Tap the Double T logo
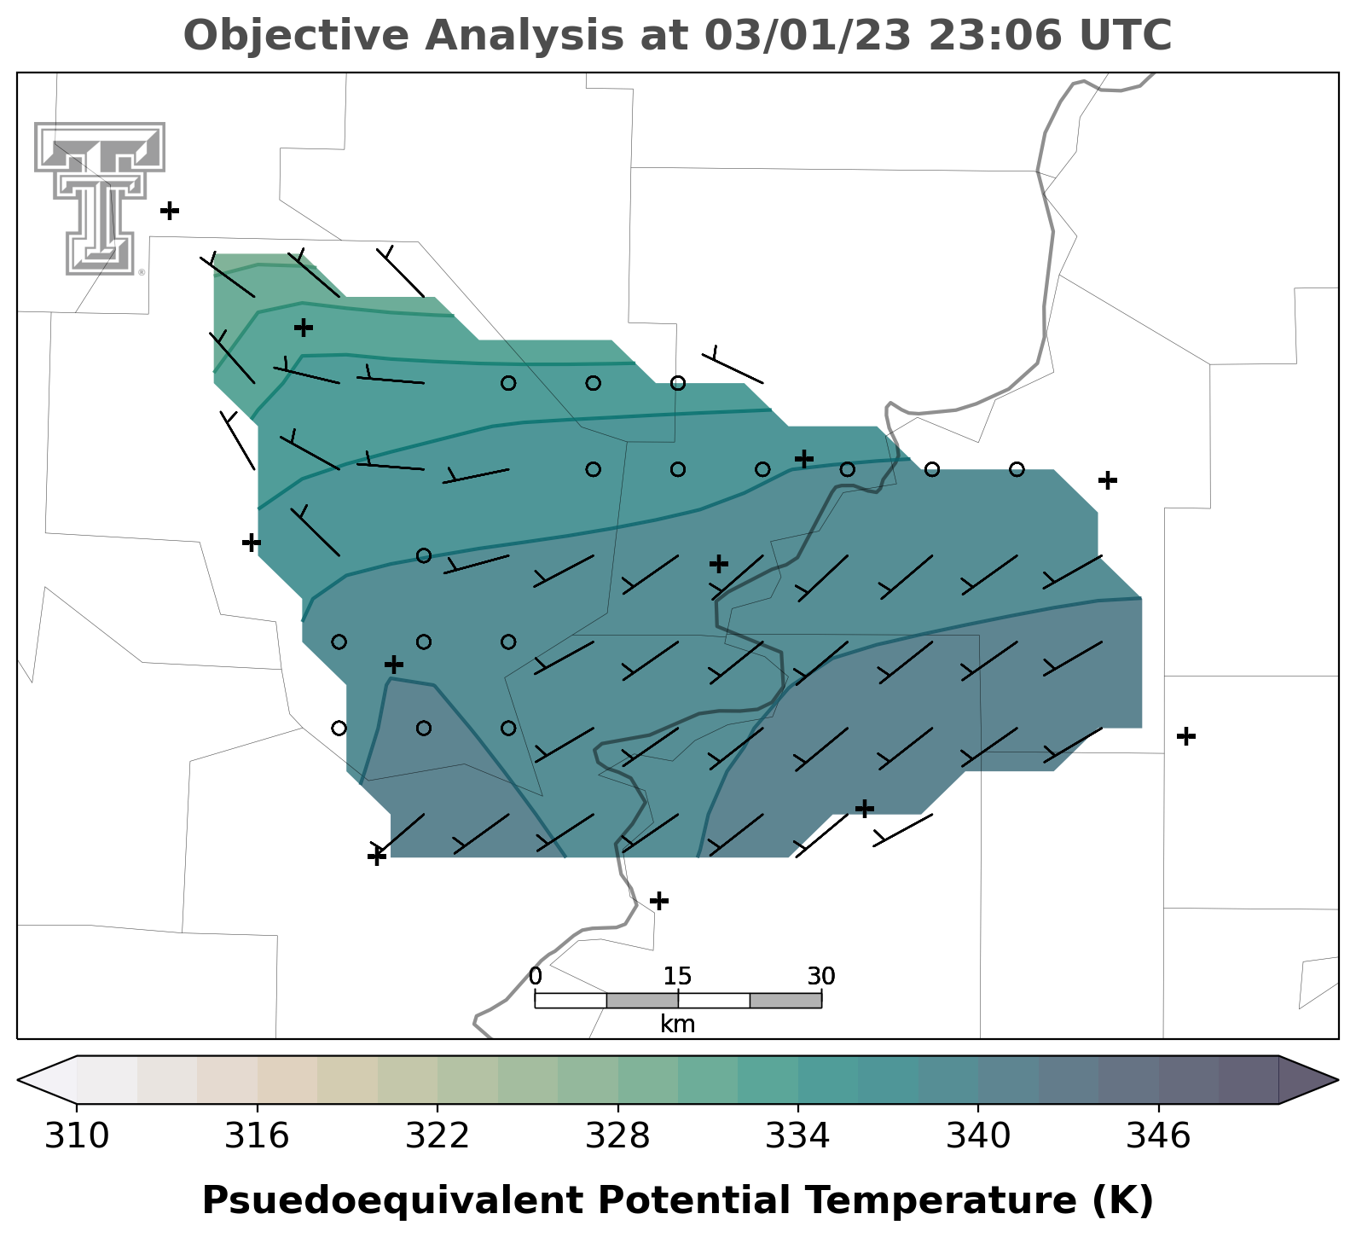(100, 198)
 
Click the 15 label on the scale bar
(678, 976)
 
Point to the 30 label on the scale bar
(821, 976)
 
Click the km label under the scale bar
(678, 1025)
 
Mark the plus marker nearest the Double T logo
(170, 210)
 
